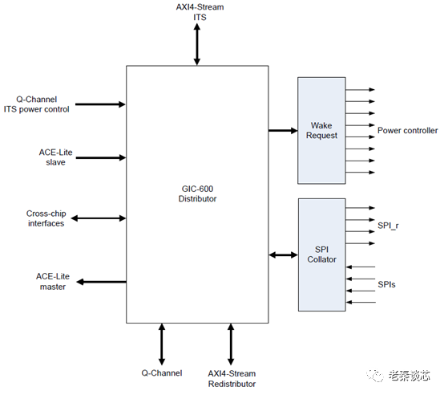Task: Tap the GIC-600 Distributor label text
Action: (x=196, y=193)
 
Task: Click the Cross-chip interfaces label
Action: (x=46, y=218)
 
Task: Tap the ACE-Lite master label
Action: (x=51, y=281)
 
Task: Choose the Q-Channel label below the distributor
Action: (x=162, y=373)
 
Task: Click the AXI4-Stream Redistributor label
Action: (x=232, y=378)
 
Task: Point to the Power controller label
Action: (x=407, y=130)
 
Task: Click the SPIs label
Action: (x=386, y=285)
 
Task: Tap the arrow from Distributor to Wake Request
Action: (x=282, y=130)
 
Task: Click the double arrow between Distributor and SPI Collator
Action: (x=282, y=255)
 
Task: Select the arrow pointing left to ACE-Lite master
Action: (x=101, y=282)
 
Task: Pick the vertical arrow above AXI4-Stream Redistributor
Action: (x=231, y=344)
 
